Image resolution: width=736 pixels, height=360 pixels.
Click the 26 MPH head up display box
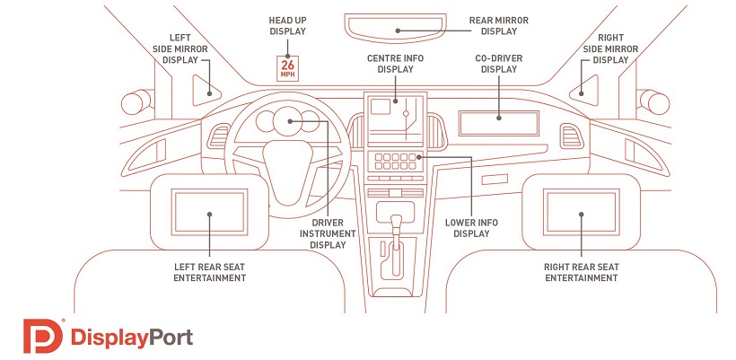tap(288, 67)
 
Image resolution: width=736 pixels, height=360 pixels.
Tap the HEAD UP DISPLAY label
tap(287, 25)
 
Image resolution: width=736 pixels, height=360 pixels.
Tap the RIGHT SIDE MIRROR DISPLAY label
tap(611, 48)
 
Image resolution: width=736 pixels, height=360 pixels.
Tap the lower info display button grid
tap(396, 161)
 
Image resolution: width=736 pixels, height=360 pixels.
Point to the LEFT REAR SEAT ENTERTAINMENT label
tap(209, 272)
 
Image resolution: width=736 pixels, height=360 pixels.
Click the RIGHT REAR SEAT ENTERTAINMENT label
tap(581, 272)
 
